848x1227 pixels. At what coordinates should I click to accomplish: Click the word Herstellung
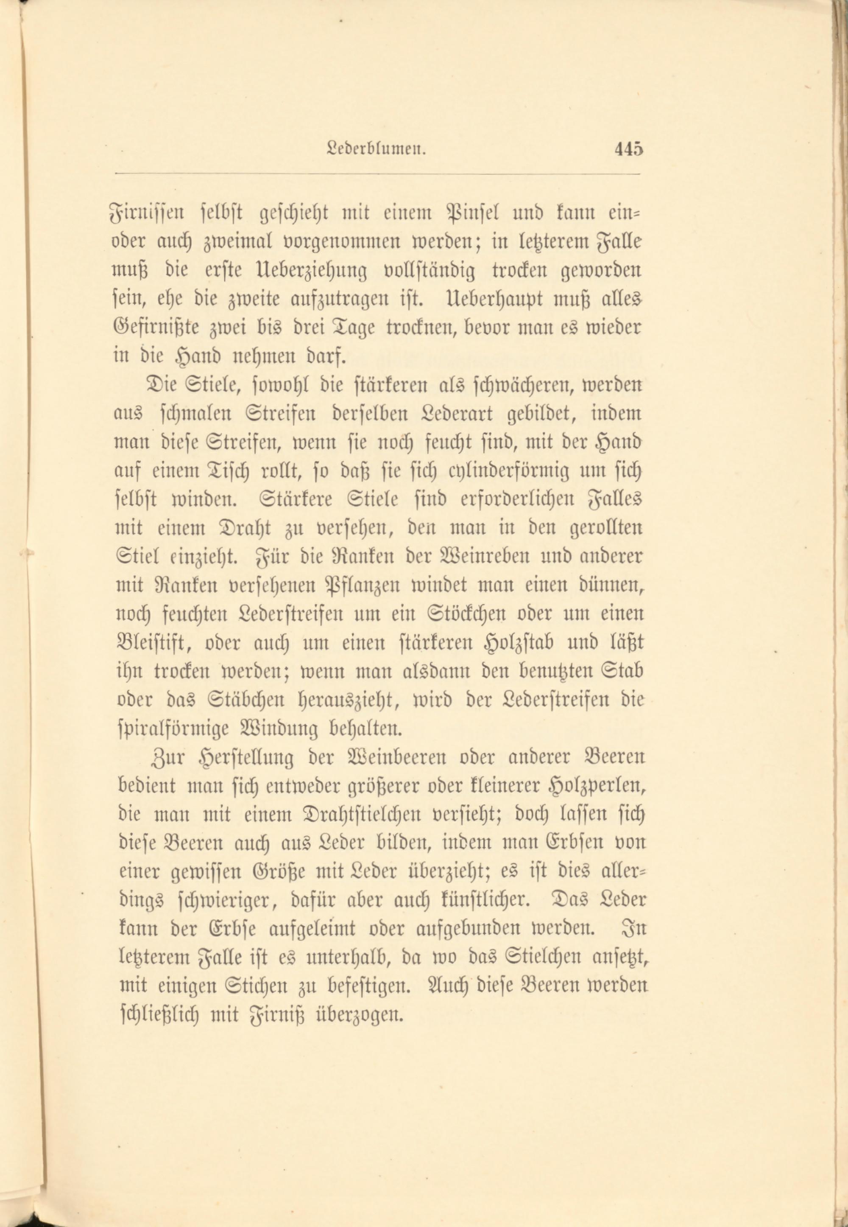click(x=245, y=759)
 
